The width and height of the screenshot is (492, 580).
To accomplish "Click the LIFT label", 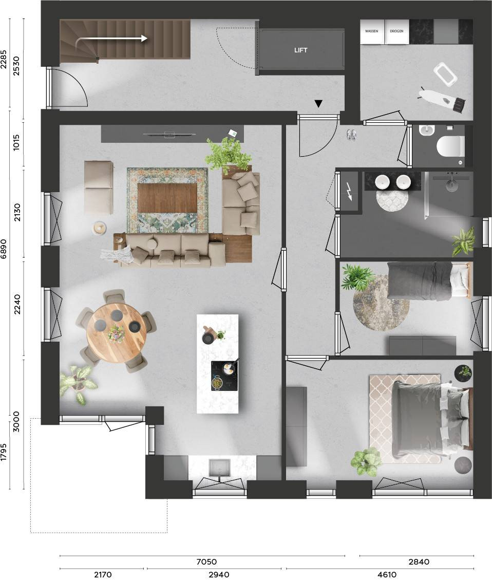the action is (x=300, y=50).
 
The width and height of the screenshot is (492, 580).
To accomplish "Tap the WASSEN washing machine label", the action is (x=371, y=31).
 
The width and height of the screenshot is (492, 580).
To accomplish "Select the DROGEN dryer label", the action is (x=396, y=31).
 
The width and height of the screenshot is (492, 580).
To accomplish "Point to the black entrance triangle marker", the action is (x=318, y=104).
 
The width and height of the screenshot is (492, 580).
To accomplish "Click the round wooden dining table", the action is (x=117, y=332).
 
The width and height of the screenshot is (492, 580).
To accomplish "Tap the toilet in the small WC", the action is (x=449, y=146).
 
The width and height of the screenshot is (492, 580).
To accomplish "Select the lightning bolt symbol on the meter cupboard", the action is (x=350, y=191).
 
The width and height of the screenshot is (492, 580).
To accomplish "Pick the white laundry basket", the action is (x=445, y=74).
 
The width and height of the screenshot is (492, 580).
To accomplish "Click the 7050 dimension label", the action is (x=206, y=562).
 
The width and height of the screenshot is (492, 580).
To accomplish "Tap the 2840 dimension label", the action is (x=419, y=562).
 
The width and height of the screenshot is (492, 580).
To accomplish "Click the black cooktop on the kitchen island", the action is (x=224, y=376).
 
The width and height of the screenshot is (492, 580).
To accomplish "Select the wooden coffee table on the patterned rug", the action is (x=167, y=198).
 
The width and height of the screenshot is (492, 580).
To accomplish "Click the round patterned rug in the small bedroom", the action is (x=381, y=303).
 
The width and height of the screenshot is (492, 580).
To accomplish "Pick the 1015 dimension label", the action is (x=16, y=142).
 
